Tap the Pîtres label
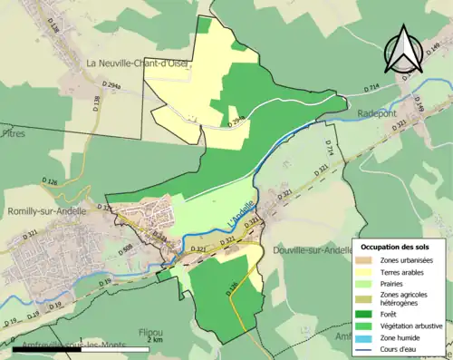pyautogui.click(x=14, y=133)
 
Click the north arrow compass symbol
pyautogui.click(x=404, y=51)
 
